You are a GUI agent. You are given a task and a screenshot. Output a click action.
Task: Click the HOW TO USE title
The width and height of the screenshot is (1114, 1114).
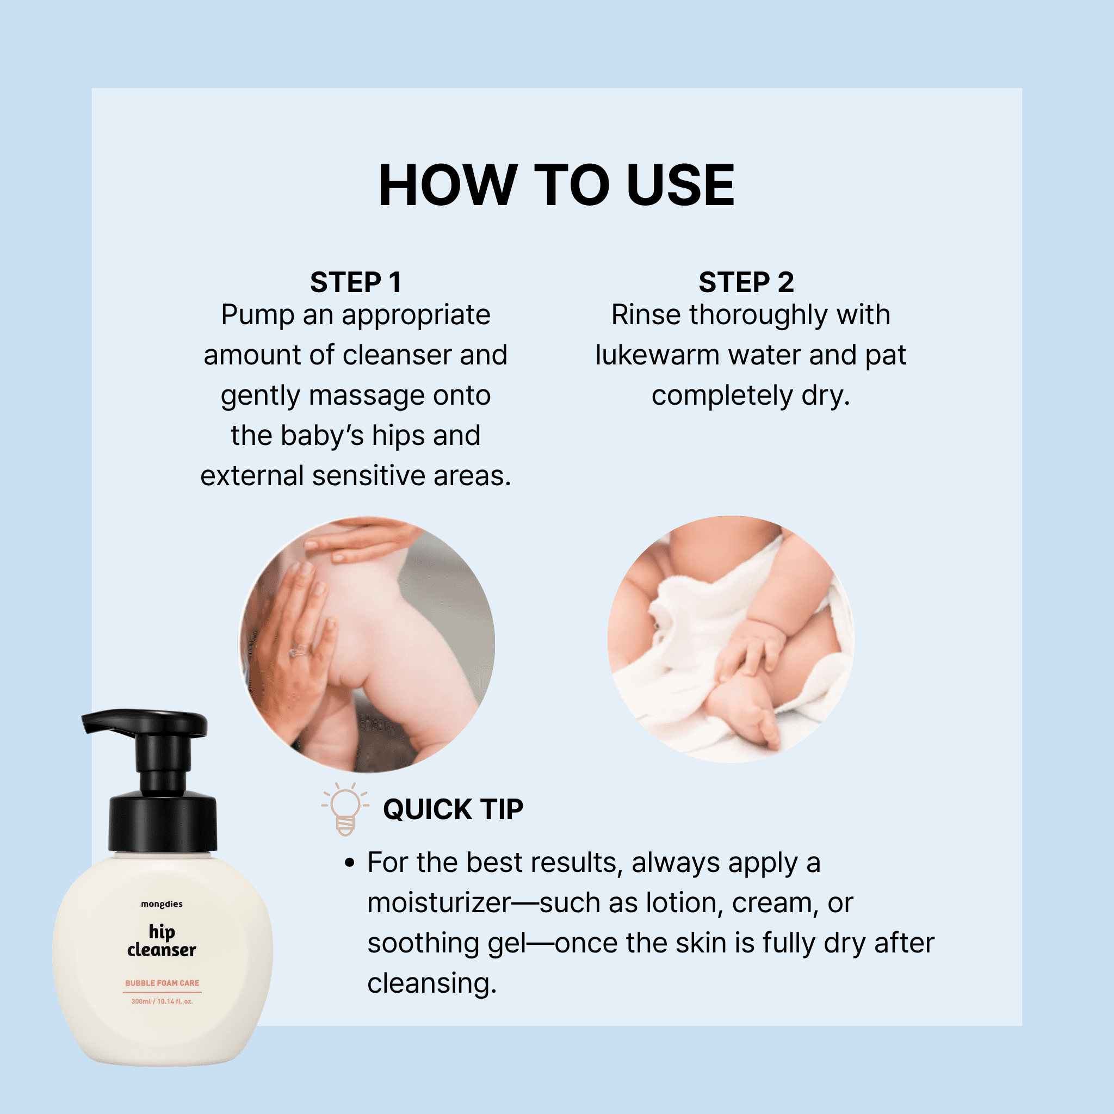click(x=556, y=184)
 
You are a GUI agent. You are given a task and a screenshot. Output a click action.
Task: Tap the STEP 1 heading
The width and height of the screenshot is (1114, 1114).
click(x=355, y=282)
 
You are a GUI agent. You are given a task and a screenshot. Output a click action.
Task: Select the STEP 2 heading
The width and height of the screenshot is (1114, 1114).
click(x=746, y=282)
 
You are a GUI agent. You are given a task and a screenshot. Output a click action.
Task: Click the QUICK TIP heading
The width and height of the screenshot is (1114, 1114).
click(x=453, y=809)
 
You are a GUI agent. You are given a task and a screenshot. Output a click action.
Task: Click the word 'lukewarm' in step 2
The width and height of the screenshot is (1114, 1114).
click(x=657, y=355)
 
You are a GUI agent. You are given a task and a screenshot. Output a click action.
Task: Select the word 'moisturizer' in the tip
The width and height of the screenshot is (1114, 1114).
click(x=440, y=903)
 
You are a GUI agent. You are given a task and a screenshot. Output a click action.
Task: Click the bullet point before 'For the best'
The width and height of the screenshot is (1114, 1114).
click(x=349, y=863)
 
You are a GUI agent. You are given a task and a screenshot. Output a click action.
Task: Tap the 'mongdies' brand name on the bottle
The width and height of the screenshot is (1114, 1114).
click(x=162, y=904)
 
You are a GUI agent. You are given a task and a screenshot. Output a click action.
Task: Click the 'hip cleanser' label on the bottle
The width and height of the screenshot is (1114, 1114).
click(x=162, y=940)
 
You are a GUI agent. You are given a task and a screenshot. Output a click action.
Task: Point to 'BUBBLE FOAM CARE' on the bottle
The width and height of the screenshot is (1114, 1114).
click(x=162, y=982)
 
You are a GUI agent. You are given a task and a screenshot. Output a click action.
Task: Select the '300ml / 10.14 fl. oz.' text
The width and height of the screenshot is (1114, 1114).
click(x=162, y=1001)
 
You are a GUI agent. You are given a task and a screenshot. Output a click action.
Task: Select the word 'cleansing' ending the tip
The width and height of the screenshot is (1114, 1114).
click(x=432, y=983)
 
